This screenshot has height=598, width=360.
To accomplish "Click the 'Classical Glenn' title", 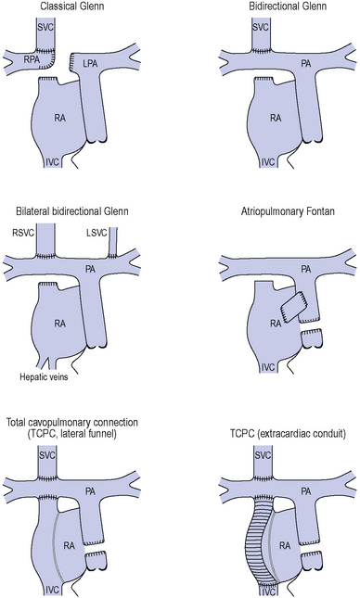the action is [72, 6].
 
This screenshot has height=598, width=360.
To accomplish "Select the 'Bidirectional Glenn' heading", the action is [288, 6].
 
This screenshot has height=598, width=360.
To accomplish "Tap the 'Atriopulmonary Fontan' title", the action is [288, 211].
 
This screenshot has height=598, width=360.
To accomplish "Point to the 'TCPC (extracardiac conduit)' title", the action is [288, 434].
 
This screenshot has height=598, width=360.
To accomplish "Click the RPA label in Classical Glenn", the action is [32, 58].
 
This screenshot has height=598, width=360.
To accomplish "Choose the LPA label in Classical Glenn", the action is [90, 64].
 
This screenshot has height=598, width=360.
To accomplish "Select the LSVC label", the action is [96, 233].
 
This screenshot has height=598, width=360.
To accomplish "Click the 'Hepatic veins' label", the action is [44, 377].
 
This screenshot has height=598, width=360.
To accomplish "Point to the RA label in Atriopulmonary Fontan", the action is [276, 324].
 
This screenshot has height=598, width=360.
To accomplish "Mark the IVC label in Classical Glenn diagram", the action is [52, 162].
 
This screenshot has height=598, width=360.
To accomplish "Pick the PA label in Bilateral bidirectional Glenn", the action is [90, 270].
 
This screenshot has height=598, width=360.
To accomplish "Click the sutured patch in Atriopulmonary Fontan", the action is [293, 306].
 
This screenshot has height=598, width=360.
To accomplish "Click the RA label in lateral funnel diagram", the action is [69, 546].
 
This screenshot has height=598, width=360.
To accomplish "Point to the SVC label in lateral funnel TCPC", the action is [46, 455].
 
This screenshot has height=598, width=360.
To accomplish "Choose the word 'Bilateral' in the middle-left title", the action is [31, 211].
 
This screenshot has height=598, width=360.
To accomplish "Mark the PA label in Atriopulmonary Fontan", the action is [306, 270].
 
